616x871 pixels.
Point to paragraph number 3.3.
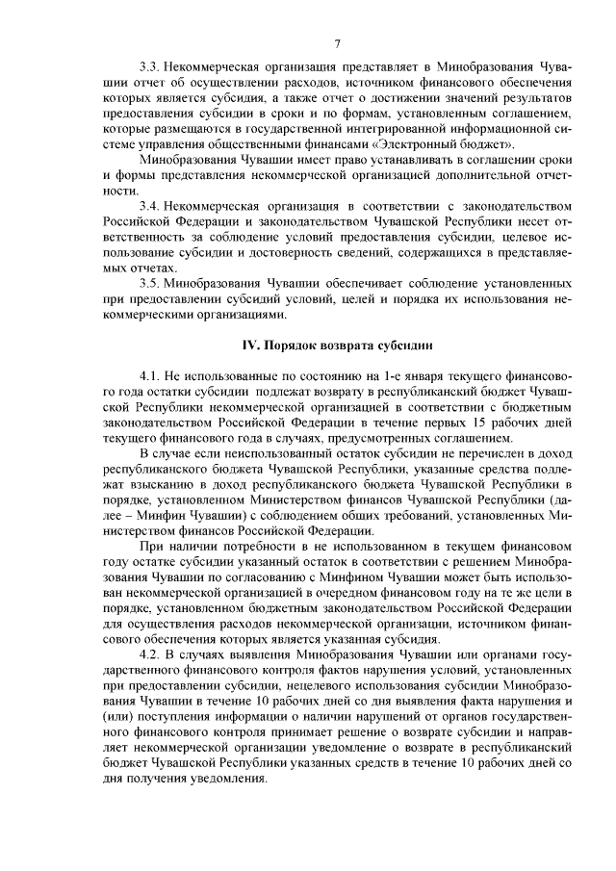click(149, 69)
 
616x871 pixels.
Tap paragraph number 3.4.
click(149, 206)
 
